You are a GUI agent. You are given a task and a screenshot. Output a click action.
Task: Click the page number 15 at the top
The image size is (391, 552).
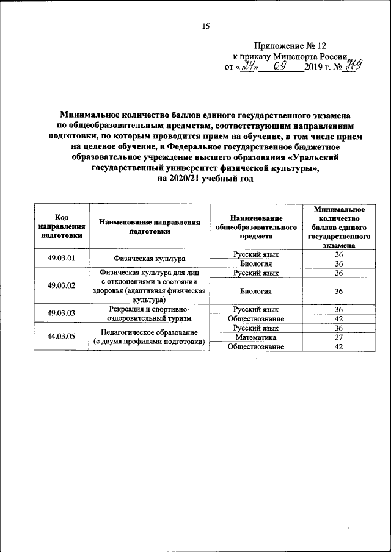click(x=206, y=26)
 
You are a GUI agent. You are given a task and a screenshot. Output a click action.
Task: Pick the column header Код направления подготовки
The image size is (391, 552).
click(x=62, y=226)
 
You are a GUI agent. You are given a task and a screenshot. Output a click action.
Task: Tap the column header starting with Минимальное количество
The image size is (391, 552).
click(x=338, y=226)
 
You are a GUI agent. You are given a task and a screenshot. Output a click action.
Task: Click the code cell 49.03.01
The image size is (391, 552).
click(x=62, y=258)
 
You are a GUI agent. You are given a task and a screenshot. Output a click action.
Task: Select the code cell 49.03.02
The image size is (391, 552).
click(x=62, y=285)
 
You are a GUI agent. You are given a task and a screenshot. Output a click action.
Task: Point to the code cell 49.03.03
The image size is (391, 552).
click(x=62, y=313)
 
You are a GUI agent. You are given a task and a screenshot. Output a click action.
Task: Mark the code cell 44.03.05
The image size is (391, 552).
click(x=62, y=336)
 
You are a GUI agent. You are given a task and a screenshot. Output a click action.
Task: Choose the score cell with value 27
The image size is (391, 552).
click(x=338, y=337)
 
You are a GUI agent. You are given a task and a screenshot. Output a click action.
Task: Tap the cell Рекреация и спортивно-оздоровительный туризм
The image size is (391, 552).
click(x=149, y=313)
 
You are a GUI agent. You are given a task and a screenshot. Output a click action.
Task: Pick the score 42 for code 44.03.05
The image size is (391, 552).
click(x=338, y=346)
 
